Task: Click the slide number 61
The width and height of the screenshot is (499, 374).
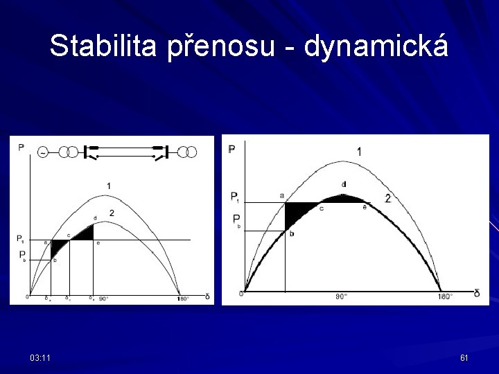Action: tap(464, 357)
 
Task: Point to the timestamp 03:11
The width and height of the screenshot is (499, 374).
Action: tap(40, 357)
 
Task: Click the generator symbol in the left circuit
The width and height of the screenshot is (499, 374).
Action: tap(43, 152)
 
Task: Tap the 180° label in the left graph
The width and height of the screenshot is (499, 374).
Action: tap(183, 299)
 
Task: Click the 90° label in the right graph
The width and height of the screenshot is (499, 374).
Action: tap(342, 296)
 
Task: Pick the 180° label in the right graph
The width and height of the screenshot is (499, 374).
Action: tap(444, 296)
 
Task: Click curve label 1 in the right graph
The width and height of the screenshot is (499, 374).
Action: tap(358, 152)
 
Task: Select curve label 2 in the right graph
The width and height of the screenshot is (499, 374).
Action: tap(387, 199)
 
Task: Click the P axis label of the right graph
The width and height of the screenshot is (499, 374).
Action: tap(232, 149)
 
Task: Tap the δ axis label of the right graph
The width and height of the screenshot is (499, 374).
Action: tap(476, 293)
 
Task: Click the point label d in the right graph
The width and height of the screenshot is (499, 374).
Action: tap(344, 184)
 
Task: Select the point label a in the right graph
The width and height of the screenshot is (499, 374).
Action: tap(281, 196)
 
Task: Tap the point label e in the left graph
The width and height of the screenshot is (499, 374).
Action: tap(98, 243)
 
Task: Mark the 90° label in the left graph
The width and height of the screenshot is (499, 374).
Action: tap(103, 299)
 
